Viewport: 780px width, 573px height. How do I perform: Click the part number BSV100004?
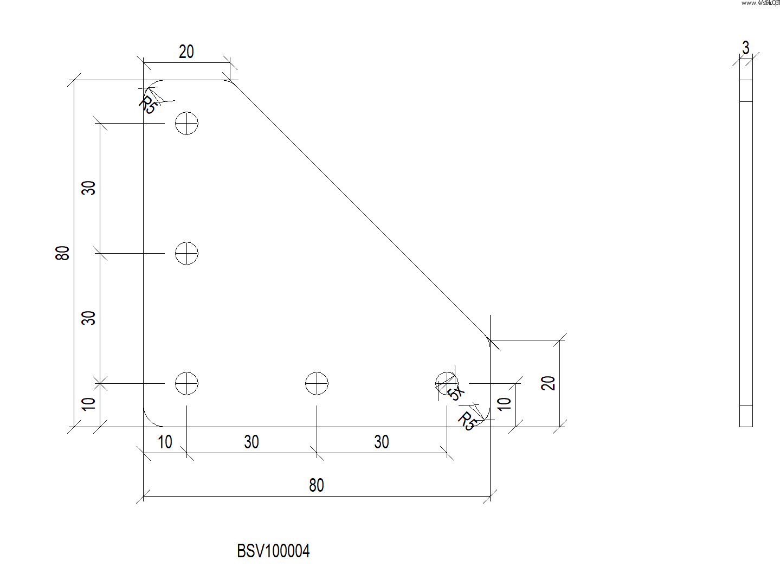pyautogui.click(x=273, y=551)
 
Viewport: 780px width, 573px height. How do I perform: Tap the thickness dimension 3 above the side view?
pyautogui.click(x=746, y=48)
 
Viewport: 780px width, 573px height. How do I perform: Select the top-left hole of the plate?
pyautogui.click(x=186, y=123)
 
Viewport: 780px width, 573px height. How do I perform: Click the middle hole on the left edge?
pyautogui.click(x=186, y=253)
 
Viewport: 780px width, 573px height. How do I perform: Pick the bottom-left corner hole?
pyautogui.click(x=186, y=383)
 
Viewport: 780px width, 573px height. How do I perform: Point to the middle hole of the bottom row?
pyautogui.click(x=317, y=383)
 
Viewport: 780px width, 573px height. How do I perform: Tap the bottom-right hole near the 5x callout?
pyautogui.click(x=446, y=383)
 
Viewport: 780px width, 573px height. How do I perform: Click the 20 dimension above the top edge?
pyautogui.click(x=186, y=52)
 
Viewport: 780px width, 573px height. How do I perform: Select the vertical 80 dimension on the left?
pyautogui.click(x=63, y=253)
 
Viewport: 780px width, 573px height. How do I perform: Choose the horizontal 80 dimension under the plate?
pyautogui.click(x=317, y=485)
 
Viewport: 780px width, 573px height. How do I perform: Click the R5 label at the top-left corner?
pyautogui.click(x=147, y=105)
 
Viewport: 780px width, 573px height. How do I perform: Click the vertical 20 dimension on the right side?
pyautogui.click(x=549, y=383)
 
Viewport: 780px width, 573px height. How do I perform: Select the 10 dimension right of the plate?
pyautogui.click(x=504, y=404)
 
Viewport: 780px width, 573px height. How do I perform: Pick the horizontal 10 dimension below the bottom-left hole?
pyautogui.click(x=165, y=442)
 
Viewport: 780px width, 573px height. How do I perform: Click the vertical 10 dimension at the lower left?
pyautogui.click(x=88, y=404)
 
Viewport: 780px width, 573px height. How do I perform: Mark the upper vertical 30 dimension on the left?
pyautogui.click(x=88, y=188)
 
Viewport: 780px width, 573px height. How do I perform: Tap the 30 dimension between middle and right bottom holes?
pyautogui.click(x=382, y=442)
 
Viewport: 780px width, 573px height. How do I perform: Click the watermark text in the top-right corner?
pyautogui.click(x=759, y=3)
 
